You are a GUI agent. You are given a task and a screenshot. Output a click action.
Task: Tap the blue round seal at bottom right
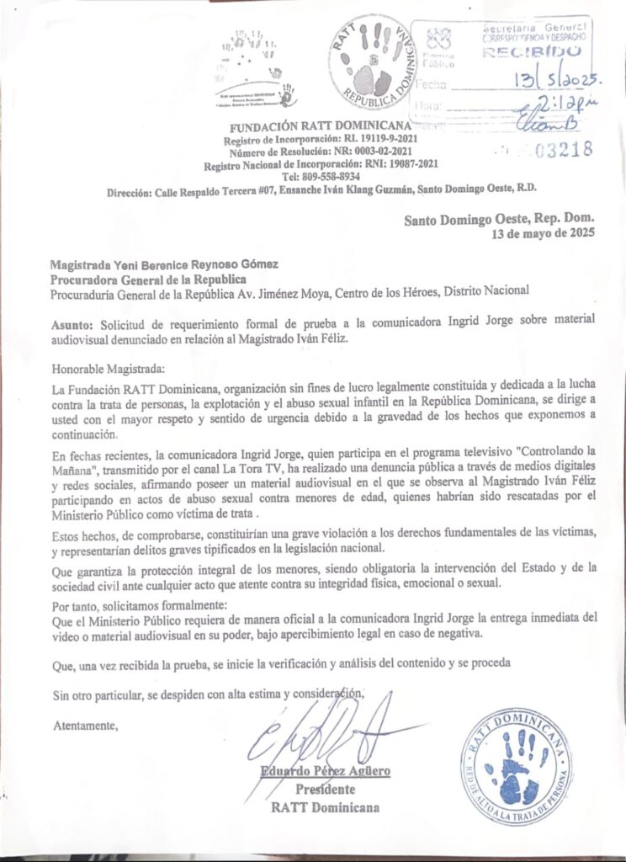[516, 768]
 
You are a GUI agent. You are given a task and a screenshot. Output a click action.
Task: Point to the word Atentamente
[86, 724]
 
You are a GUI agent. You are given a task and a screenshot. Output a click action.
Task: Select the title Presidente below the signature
[325, 790]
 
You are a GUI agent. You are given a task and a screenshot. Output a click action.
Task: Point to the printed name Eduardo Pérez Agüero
[325, 771]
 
